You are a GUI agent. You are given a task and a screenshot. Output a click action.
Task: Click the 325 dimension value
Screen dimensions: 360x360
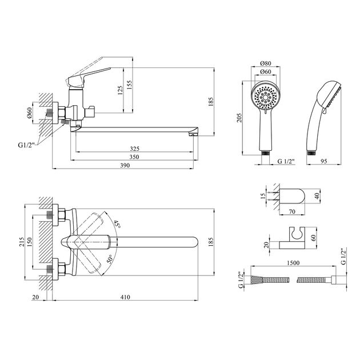pos(134,149)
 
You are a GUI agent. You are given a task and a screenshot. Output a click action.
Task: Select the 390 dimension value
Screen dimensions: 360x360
pos(125,165)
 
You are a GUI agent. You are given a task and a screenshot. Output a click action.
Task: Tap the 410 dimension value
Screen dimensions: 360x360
pos(125,297)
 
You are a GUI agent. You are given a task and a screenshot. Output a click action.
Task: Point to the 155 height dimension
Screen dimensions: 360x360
pos(130,85)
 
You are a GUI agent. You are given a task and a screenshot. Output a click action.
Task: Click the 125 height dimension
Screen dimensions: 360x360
pos(120,90)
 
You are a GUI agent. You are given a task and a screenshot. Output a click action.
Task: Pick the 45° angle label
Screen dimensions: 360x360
pos(117,224)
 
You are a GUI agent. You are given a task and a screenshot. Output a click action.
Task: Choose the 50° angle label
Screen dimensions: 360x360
pos(110,259)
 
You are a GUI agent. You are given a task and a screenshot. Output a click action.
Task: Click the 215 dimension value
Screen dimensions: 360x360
pos(21,242)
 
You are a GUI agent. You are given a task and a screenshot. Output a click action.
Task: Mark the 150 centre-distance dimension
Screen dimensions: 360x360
pos(29,242)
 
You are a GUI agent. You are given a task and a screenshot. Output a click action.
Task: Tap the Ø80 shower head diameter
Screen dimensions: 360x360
pos(266,63)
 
